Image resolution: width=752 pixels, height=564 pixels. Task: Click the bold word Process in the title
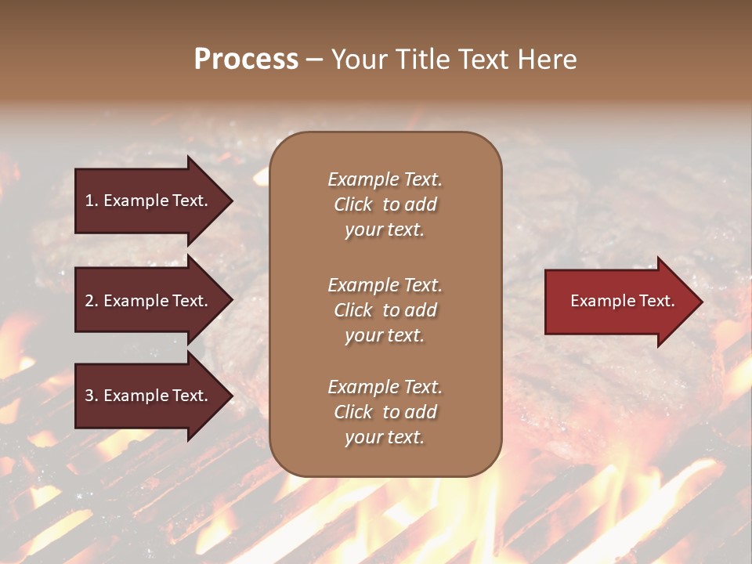point(246,60)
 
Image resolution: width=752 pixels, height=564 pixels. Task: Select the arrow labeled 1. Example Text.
point(149,201)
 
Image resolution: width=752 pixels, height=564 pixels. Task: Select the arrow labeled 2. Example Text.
point(149,301)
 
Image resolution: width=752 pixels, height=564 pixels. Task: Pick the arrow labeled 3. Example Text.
point(149,396)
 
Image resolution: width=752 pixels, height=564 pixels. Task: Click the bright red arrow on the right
point(619,302)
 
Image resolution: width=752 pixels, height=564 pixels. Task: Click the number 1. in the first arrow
point(91,201)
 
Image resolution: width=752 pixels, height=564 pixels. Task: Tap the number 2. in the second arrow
point(91,301)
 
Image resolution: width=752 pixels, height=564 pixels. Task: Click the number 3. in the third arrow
point(91,396)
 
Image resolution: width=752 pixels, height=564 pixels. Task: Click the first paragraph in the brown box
point(385,204)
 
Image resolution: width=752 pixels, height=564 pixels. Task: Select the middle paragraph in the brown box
point(385,310)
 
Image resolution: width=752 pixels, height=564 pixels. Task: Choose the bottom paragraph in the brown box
point(385,412)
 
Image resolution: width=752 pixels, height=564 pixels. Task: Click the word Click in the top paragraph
point(353,204)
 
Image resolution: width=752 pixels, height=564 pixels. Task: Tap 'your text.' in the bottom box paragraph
point(385,437)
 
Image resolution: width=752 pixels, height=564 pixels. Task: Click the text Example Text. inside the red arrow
point(622,301)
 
